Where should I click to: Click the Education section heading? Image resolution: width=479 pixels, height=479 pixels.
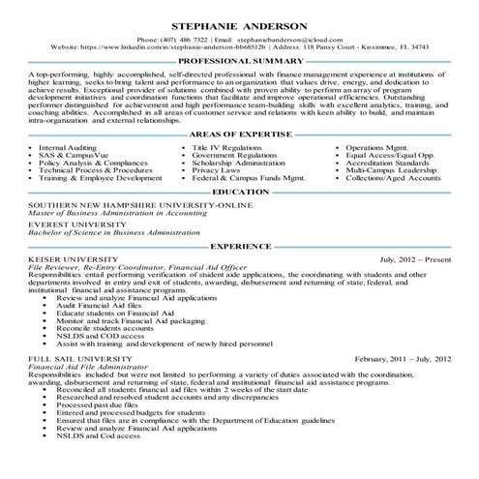[239, 193]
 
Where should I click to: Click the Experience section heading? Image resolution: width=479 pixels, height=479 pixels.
[239, 248]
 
